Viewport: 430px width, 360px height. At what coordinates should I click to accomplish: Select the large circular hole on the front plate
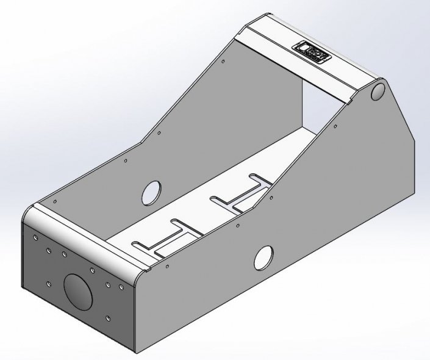click(x=78, y=292)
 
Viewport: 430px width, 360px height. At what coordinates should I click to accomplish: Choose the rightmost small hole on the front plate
click(x=121, y=287)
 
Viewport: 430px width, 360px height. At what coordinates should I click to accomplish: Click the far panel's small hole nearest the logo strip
click(x=223, y=61)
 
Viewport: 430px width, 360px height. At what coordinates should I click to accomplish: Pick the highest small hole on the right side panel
click(x=335, y=126)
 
